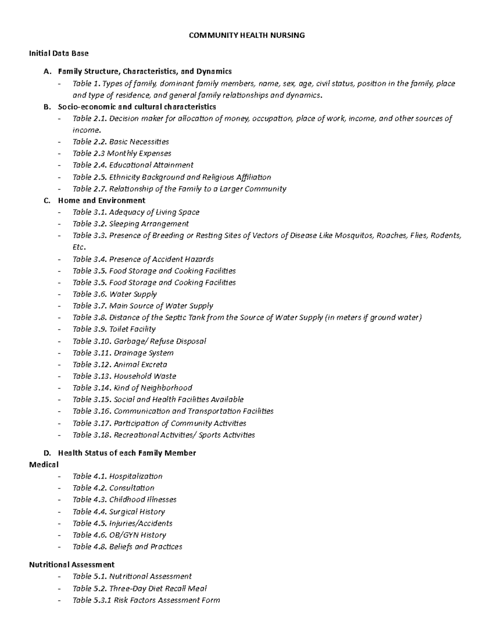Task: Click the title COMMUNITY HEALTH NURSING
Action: tap(247, 35)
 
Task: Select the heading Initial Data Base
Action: tap(58, 53)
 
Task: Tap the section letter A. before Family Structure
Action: tap(47, 71)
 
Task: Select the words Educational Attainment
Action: tap(151, 165)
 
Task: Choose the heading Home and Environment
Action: tap(102, 201)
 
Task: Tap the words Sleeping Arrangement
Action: tap(149, 224)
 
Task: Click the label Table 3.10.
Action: tap(91, 341)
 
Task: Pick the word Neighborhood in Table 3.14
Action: tap(166, 388)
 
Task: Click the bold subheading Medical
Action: tap(44, 464)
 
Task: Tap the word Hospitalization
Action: tap(135, 476)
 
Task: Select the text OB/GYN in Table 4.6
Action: tap(124, 535)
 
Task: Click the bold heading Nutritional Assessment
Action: tap(72, 565)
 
